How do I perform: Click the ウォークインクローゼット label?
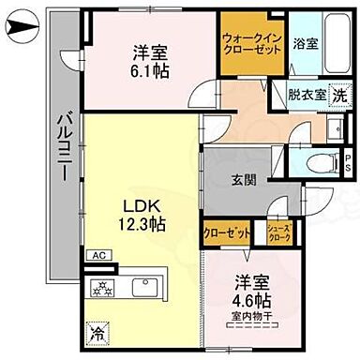(x=250, y=43)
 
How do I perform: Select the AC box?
(x=98, y=254)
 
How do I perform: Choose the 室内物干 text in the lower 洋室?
(x=248, y=315)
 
